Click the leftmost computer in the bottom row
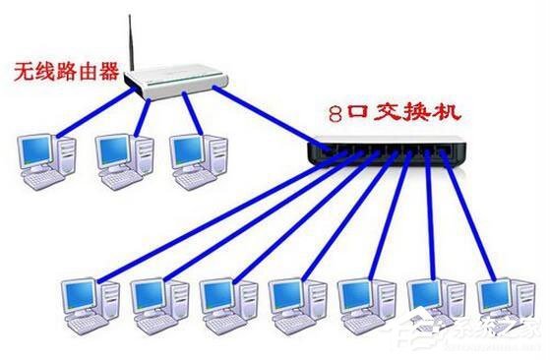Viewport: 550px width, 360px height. (x=89, y=300)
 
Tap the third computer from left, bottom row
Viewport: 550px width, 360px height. (x=225, y=300)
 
